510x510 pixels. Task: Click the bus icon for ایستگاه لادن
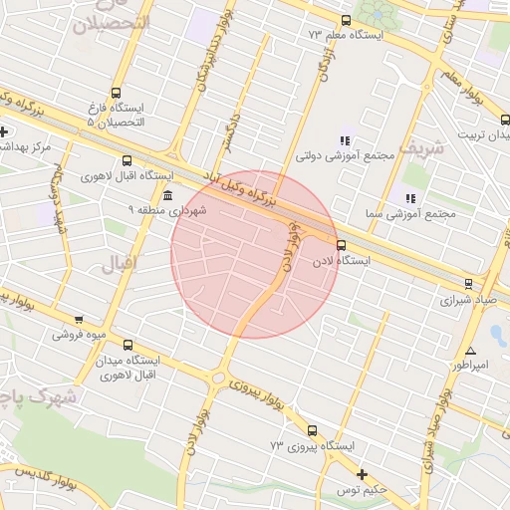(342, 244)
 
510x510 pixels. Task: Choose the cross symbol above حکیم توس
(362, 474)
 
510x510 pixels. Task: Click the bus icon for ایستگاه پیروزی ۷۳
(313, 431)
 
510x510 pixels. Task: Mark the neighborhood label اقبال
(117, 265)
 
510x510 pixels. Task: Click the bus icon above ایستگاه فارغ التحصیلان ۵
(117, 92)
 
